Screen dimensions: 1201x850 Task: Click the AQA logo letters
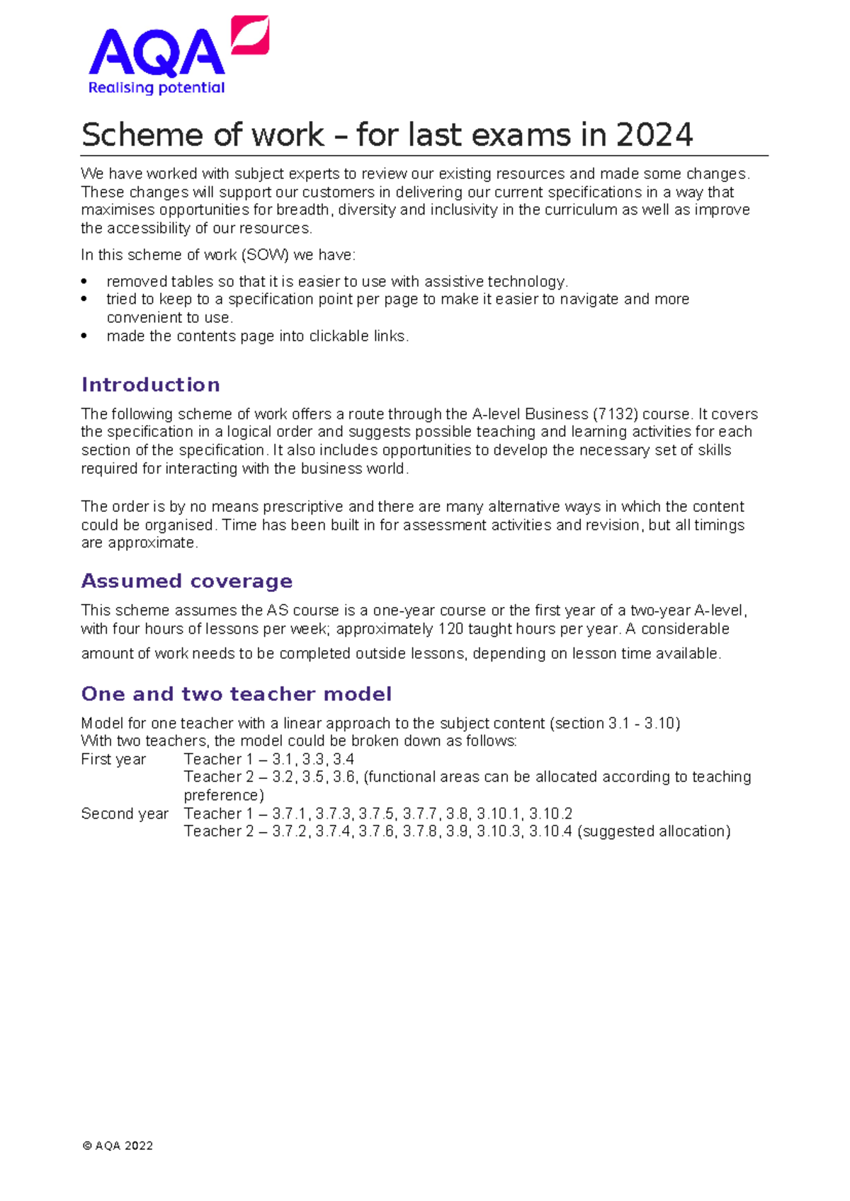click(156, 54)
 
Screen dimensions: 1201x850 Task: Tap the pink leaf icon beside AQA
click(251, 35)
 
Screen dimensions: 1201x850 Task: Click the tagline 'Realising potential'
click(156, 88)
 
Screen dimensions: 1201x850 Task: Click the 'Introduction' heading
click(150, 385)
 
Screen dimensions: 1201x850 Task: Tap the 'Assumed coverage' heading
click(186, 581)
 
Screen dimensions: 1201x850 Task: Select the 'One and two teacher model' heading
click(236, 693)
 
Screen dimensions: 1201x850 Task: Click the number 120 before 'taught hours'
click(450, 629)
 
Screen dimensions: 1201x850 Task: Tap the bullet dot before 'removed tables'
click(85, 282)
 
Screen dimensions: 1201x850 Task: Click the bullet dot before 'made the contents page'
click(85, 336)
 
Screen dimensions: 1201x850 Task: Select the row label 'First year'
click(113, 759)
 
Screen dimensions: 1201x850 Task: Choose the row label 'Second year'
click(125, 814)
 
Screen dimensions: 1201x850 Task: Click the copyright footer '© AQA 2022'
click(118, 1146)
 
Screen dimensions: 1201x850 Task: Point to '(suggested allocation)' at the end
click(654, 831)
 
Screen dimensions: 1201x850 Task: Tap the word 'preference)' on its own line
click(224, 795)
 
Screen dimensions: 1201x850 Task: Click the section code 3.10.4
click(550, 831)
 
